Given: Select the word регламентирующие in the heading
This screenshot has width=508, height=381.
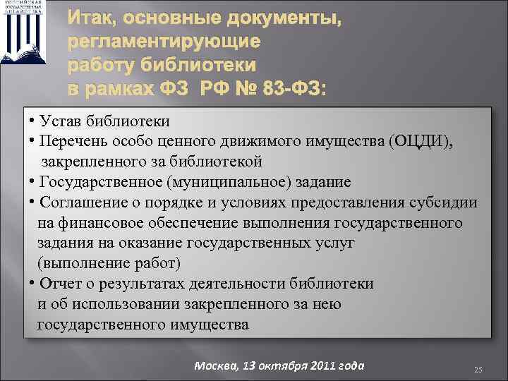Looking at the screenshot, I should pos(164,42).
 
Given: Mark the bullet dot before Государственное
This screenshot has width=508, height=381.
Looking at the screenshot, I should pos(32,182).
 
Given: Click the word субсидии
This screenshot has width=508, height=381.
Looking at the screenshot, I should pos(445,202).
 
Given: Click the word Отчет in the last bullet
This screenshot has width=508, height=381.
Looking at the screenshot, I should pos(62,284).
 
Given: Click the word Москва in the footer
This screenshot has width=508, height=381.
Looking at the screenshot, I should pos(214,365).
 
